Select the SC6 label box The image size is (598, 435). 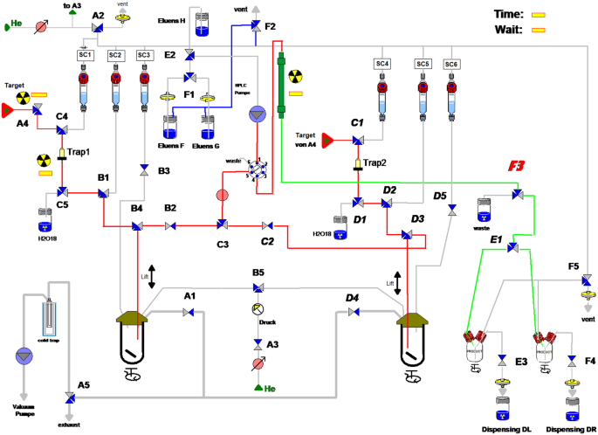click(451, 64)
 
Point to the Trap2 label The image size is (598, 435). click(375, 162)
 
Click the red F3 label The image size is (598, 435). click(518, 164)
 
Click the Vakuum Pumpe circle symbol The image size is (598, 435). click(22, 356)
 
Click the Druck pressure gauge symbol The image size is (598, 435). click(258, 309)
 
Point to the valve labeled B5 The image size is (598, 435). click(258, 289)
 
